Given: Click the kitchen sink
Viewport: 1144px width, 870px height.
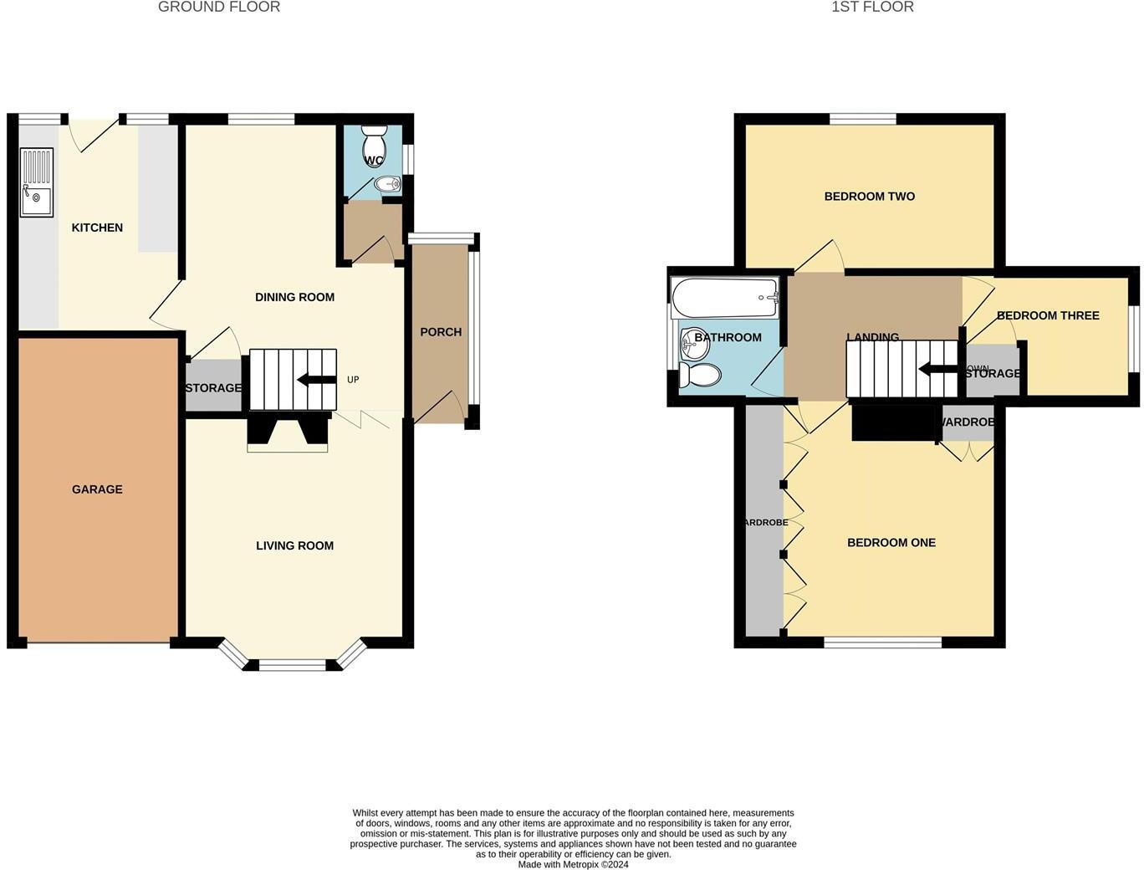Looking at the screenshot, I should pos(36,182).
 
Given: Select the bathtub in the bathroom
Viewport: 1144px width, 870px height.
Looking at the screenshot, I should pos(725,298).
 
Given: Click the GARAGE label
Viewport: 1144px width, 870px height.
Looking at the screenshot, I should pos(97,489).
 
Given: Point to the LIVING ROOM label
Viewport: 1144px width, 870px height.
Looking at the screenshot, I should pos(294,545).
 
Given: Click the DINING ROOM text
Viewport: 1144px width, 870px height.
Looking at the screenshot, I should pos(294,297).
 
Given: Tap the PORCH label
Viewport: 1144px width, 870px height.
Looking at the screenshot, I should pos(441,332).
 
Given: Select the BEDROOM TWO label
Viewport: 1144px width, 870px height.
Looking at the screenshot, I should pos(870,197).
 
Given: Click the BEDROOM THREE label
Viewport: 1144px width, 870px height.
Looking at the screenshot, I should pos(1048,315).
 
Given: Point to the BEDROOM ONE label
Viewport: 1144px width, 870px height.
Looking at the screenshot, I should pos(891,543).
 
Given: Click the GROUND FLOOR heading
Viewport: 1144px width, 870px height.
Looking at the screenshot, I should pos(219,7).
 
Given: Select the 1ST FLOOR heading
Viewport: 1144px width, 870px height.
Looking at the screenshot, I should pos(872,7).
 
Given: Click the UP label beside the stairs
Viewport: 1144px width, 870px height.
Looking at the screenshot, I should pos(353,380).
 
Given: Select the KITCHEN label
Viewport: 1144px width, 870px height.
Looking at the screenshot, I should pos(97,228).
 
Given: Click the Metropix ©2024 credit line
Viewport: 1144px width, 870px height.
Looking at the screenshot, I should pos(573,865).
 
